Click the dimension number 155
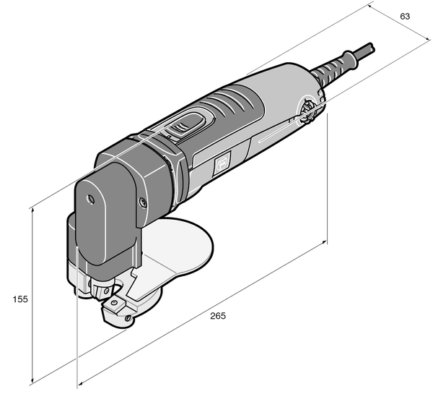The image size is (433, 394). pos(19,298)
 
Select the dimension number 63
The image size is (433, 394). pos(405,16)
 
